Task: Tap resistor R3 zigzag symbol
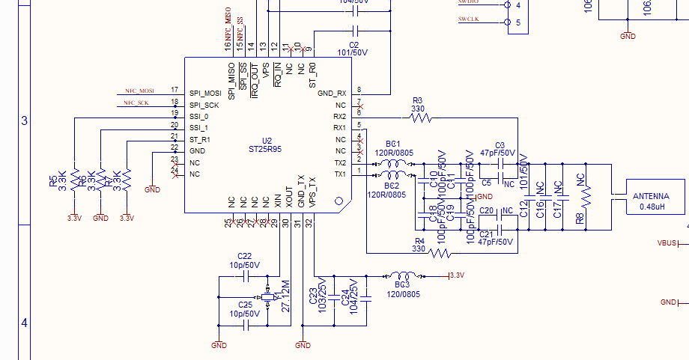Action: [421, 118]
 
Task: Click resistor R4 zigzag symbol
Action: [440, 254]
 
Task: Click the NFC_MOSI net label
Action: [141, 91]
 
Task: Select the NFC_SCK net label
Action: [141, 103]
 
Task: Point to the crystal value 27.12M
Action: [285, 297]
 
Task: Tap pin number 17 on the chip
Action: [174, 90]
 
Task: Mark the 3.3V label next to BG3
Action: [456, 276]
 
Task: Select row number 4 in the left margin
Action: [23, 323]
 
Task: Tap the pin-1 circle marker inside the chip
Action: [339, 201]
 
